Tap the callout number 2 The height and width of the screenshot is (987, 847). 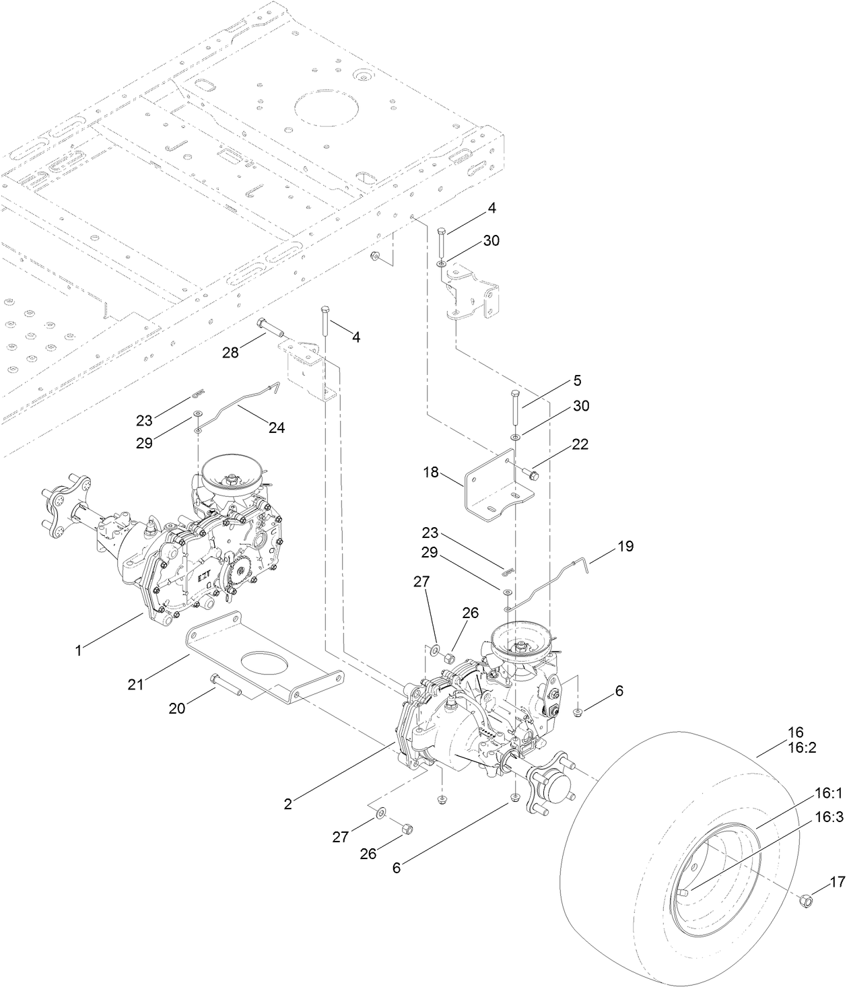[289, 803]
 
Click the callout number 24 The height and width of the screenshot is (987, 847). [277, 427]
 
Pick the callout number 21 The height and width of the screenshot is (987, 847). [137, 684]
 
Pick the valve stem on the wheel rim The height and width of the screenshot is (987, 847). [685, 912]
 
